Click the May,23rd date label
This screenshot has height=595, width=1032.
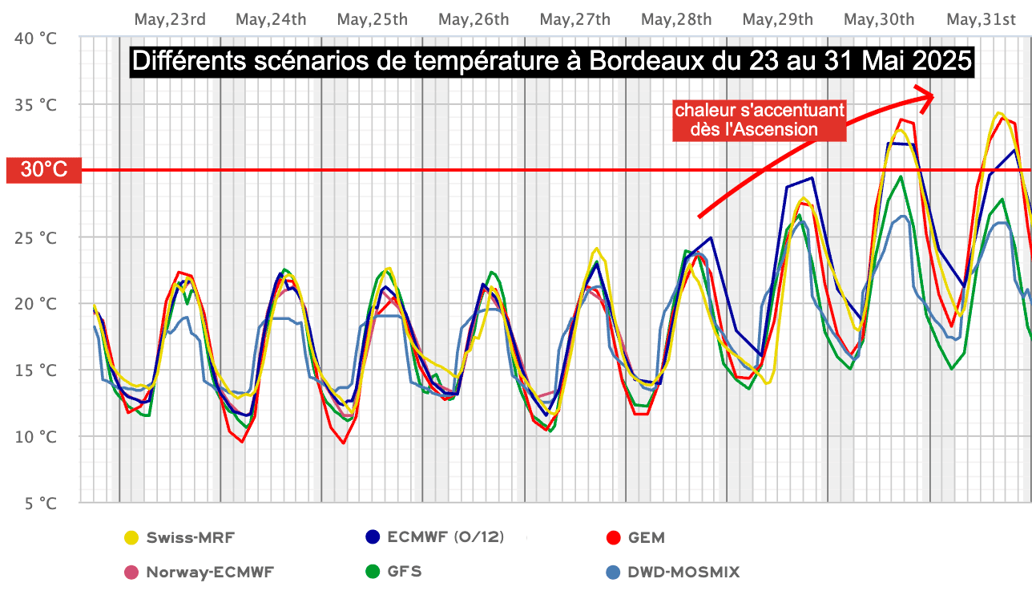pos(170,19)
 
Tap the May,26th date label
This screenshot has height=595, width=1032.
pos(474,19)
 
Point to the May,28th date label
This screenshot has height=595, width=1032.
pos(676,19)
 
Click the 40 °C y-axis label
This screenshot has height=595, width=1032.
pos(37,38)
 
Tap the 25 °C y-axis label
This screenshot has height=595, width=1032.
pos(37,237)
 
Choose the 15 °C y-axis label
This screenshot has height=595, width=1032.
pos(37,370)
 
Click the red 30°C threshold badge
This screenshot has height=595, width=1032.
pos(43,170)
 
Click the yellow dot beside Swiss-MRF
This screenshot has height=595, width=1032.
pos(131,537)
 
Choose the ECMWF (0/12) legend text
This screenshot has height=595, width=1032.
pos(445,537)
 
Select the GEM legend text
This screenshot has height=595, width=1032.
pos(647,537)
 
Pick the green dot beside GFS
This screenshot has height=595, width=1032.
pos(372,572)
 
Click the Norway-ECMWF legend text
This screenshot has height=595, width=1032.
pos(210,572)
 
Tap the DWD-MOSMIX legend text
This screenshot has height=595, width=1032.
pos(683,572)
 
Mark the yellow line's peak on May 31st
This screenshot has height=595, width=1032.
pos(998,112)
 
